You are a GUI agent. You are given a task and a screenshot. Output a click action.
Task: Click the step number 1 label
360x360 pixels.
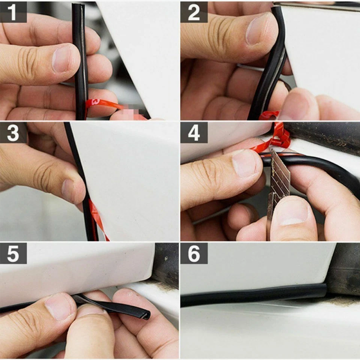(x=13, y=12)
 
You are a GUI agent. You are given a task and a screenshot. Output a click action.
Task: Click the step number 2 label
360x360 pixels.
(x=194, y=12)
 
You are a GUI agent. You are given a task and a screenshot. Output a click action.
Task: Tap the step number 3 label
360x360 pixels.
(x=13, y=133)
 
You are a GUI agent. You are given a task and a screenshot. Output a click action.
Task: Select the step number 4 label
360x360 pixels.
(x=194, y=133)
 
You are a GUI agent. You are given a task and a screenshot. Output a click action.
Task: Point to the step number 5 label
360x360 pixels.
(x=13, y=253)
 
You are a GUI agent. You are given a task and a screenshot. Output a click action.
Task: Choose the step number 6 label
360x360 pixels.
(x=194, y=253)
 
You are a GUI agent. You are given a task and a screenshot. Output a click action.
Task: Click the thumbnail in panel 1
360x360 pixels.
(x=61, y=58)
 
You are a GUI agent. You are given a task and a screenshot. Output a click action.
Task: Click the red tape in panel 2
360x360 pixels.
(x=269, y=114)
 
